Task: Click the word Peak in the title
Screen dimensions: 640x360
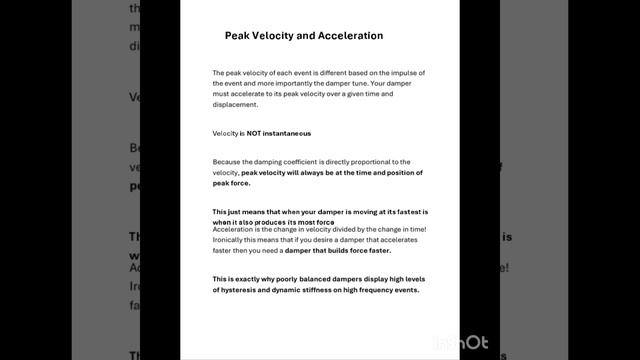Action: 241,36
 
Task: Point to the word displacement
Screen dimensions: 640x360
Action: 235,104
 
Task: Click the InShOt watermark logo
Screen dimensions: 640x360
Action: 461,343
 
